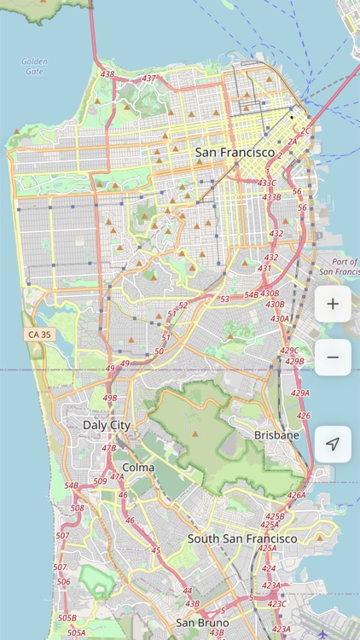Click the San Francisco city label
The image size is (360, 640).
click(x=235, y=153)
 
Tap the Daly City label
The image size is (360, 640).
click(x=107, y=424)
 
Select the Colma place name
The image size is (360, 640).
click(x=138, y=467)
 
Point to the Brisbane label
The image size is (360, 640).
click(x=276, y=435)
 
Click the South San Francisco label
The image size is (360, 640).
click(x=242, y=538)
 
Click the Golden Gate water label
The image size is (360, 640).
click(x=35, y=66)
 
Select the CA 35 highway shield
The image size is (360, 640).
click(x=39, y=335)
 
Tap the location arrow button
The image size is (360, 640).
click(x=333, y=444)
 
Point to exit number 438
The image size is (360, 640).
click(x=107, y=74)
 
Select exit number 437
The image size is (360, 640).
click(x=149, y=79)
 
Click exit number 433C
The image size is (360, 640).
click(x=267, y=183)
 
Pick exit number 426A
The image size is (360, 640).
click(x=296, y=495)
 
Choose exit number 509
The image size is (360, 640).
click(x=100, y=481)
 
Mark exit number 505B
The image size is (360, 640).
click(x=67, y=617)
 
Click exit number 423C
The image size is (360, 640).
click(x=277, y=603)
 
